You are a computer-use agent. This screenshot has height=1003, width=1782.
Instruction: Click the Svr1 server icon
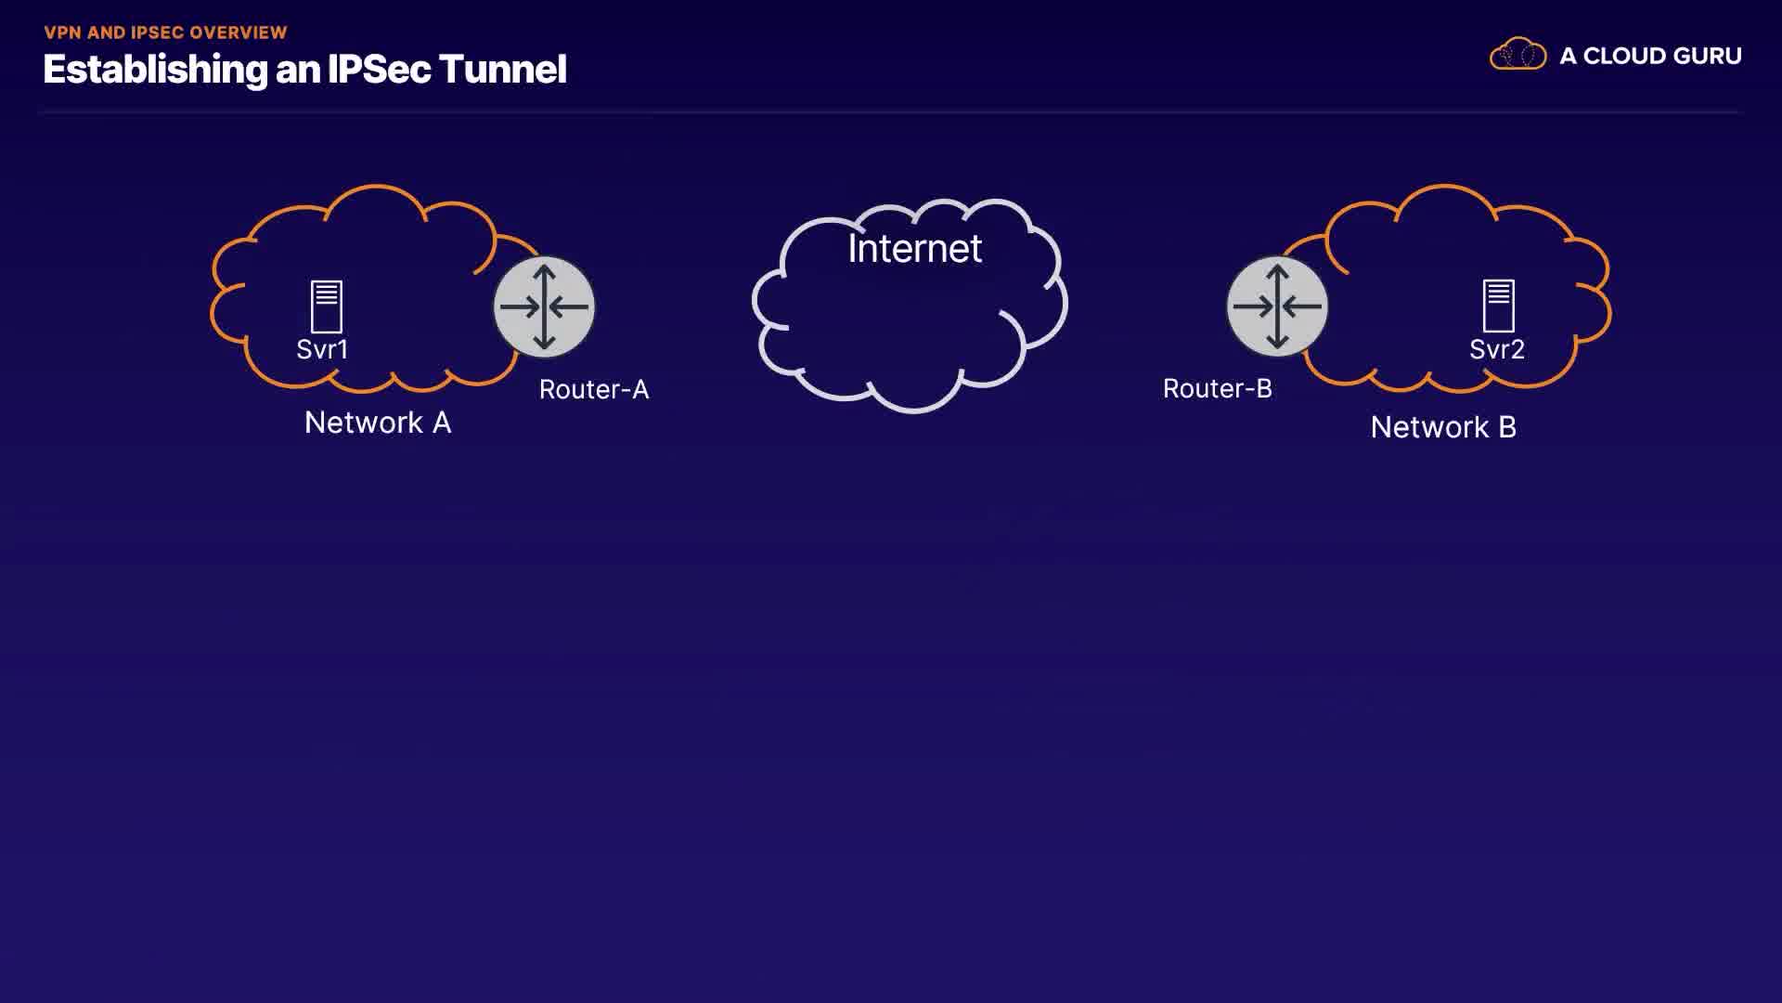326,306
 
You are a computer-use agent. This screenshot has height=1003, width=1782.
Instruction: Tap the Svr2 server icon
1498,306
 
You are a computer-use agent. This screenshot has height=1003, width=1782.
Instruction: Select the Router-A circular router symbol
544,306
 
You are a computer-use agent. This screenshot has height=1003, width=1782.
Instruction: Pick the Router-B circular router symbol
1277,306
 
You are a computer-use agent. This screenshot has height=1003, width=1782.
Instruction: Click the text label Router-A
594,389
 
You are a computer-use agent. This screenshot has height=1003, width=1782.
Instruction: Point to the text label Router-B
1217,388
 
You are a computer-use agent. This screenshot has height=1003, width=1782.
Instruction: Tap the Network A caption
378,423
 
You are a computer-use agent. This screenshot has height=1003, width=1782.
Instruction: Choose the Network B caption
1443,427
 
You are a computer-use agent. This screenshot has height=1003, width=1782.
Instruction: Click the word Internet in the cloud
914,248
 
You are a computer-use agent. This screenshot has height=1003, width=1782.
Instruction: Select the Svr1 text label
322,349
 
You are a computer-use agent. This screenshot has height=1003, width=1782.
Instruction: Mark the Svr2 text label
1496,349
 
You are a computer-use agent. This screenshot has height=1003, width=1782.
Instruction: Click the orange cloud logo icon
1517,55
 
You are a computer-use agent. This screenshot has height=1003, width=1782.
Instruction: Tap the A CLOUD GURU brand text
1650,56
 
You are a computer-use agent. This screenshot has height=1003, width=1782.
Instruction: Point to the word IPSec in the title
379,70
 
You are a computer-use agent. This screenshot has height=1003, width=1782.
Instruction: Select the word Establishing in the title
155,70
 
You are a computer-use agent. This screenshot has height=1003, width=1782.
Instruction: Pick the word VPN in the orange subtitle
62,33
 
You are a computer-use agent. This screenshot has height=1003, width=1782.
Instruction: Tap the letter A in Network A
442,423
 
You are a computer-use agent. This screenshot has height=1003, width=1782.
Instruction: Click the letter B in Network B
1507,427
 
